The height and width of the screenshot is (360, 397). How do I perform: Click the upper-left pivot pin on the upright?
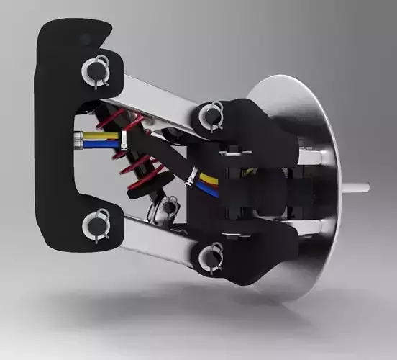coord(94,70)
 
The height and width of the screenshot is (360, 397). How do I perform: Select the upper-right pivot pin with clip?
coord(213,114)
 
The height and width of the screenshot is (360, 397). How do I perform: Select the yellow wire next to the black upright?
coord(91,135)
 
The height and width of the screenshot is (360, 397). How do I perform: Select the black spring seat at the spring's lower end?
coord(135,192)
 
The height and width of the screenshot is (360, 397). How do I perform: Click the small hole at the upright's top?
coord(87,38)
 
